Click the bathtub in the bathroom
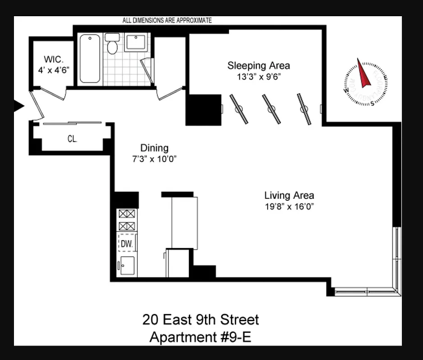pos(90,58)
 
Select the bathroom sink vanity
pos(136,42)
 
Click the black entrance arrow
pos(19,106)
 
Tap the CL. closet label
pos(72,139)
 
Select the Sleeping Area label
pos(258,66)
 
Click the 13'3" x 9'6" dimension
pos(259,76)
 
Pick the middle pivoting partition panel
pos(271,109)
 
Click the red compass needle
pos(363,73)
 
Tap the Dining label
pos(154,148)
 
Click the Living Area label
pos(289,195)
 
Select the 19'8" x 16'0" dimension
pos(289,207)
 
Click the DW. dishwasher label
pos(126,243)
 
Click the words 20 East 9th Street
pos(200,320)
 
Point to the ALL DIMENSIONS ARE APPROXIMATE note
pos(167,20)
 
